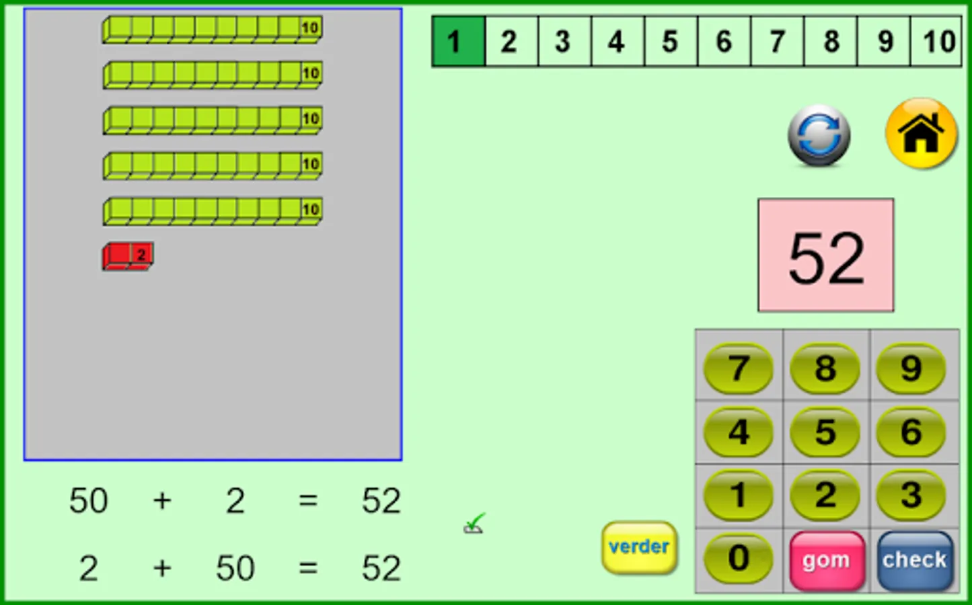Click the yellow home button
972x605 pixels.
tap(921, 133)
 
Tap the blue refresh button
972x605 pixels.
tap(819, 135)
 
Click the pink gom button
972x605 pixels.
tap(826, 560)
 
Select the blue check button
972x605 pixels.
tap(914, 560)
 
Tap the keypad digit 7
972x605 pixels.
tap(738, 368)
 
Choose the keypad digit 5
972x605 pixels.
tap(825, 432)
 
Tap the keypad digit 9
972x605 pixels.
tap(911, 368)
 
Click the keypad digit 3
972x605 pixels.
tap(911, 495)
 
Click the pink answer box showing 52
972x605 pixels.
tap(826, 255)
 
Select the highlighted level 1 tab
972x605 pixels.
tap(457, 42)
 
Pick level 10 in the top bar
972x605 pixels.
tap(938, 42)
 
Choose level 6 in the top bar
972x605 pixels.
tap(724, 42)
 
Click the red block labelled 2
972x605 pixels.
tap(128, 256)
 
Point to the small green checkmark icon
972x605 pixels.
tap(474, 524)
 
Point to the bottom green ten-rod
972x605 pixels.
tap(212, 211)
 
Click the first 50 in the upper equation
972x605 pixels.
tap(88, 501)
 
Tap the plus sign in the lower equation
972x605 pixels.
tap(162, 569)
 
